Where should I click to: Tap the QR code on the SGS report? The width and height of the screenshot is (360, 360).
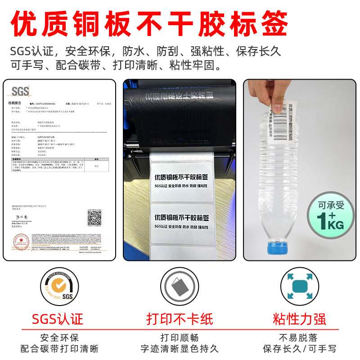(x=94, y=218)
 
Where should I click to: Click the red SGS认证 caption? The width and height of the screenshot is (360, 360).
(x=58, y=319)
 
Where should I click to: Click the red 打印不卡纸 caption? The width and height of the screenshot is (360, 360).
(x=180, y=319)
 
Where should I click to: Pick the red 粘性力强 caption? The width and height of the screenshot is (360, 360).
(x=299, y=319)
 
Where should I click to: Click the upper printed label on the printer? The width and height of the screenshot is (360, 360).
(x=181, y=182)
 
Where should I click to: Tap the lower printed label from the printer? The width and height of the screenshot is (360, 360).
(x=181, y=222)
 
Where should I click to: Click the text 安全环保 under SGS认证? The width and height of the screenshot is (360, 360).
(x=59, y=337)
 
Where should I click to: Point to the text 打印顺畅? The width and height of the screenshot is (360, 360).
(x=180, y=337)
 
